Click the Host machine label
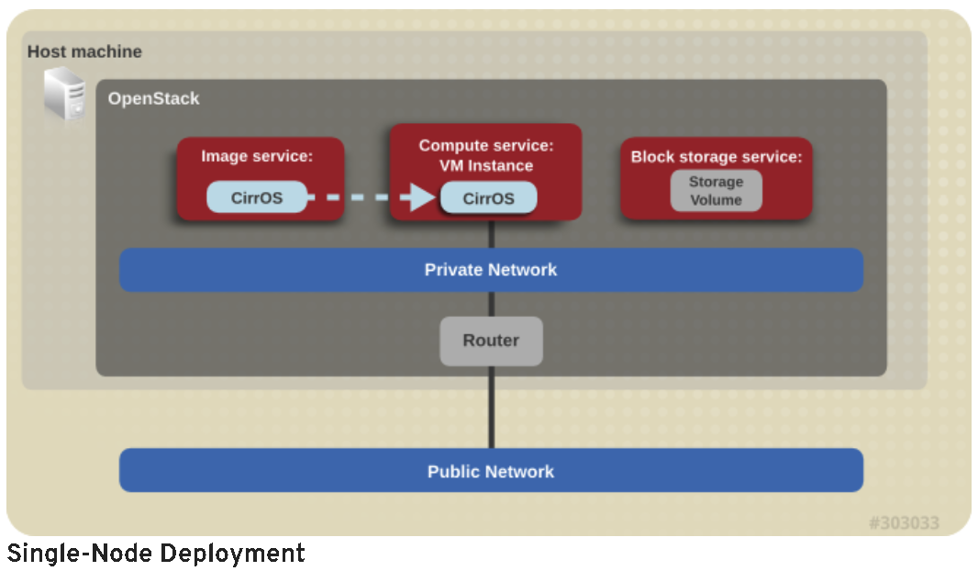[x=84, y=52]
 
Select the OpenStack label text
[x=153, y=99]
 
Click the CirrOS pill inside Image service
[x=257, y=197]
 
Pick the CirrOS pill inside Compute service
[x=488, y=198]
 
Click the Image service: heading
[x=257, y=157]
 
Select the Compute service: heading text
[x=486, y=146]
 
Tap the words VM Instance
[x=486, y=166]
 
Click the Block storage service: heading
[x=716, y=157]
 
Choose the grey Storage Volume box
[x=716, y=191]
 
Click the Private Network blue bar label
[x=491, y=270]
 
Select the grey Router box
[x=491, y=341]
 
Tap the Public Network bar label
[x=491, y=472]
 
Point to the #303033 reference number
[x=904, y=523]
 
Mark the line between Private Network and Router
[x=491, y=304]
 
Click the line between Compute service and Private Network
[x=491, y=235]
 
